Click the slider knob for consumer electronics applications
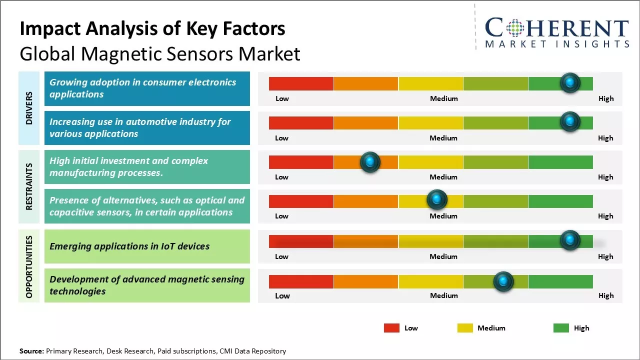point(569,82)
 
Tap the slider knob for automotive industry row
point(569,121)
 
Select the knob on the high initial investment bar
point(370,162)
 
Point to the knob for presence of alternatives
point(437,200)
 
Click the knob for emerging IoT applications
point(569,240)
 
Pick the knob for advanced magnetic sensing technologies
point(503,281)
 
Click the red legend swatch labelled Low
point(391,328)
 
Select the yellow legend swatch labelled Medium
point(465,328)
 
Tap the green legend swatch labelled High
point(561,328)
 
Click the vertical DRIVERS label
point(29,108)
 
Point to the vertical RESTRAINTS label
point(29,186)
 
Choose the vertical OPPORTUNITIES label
point(29,266)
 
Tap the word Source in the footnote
point(31,351)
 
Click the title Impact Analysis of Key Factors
point(152,29)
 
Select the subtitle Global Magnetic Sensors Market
point(160,54)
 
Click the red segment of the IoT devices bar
point(301,241)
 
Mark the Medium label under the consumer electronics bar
point(444,98)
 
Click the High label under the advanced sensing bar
point(605,295)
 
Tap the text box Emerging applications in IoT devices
point(147,246)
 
